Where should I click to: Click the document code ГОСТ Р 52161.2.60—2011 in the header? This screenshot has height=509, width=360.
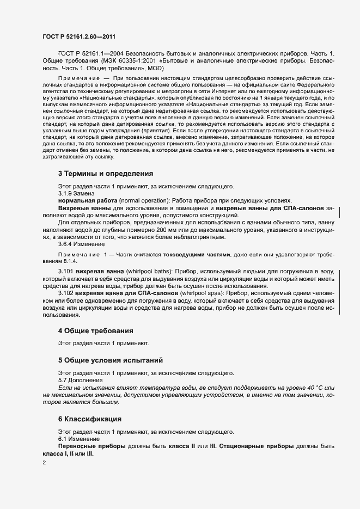point(78,36)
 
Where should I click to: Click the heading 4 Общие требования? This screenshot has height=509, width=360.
point(95,330)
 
